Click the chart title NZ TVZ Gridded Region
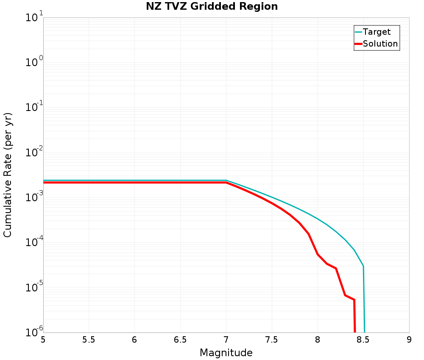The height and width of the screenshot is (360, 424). click(212, 7)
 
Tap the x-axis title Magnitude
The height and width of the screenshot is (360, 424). click(226, 353)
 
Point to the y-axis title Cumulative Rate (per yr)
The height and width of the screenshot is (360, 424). click(8, 175)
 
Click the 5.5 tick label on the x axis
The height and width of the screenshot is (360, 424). click(89, 340)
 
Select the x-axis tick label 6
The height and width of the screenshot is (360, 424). click(134, 340)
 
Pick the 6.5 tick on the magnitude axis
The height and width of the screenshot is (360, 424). click(180, 340)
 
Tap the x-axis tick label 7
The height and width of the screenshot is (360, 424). click(226, 340)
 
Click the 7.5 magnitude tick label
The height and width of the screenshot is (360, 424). click(272, 340)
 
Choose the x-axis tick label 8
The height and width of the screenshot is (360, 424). click(318, 340)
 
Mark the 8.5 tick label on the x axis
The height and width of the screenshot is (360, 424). click(363, 340)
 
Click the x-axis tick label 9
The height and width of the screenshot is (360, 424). click(409, 340)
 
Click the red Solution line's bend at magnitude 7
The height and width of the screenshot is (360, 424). click(226, 183)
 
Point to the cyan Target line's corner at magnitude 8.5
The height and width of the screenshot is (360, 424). click(363, 266)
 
